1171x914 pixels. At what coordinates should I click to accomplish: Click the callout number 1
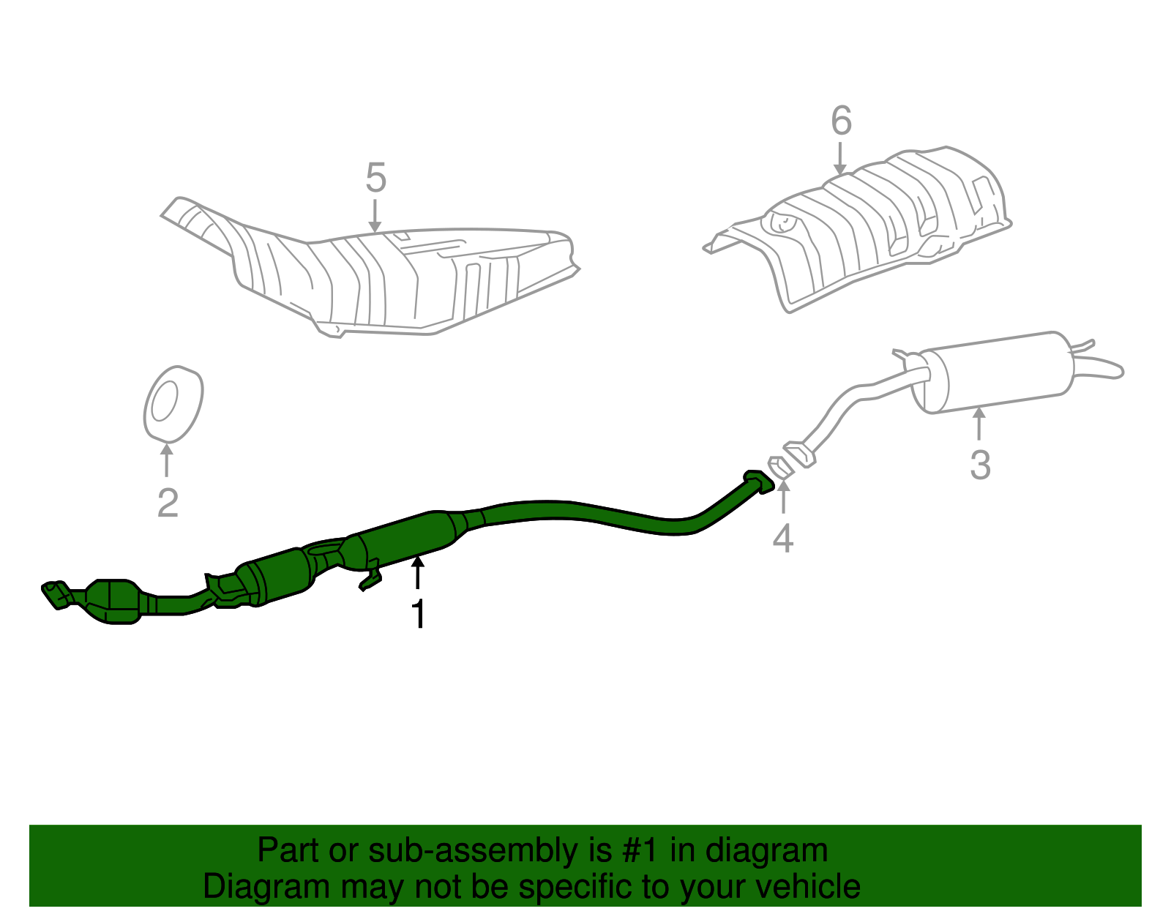pos(418,614)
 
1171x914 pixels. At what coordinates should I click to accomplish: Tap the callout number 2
pos(168,503)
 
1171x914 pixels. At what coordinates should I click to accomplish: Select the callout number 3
pos(980,465)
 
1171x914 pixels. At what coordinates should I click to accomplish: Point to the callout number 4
pos(783,539)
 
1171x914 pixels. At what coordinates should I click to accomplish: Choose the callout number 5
pos(375,178)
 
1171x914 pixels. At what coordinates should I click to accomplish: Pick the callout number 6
pos(842,121)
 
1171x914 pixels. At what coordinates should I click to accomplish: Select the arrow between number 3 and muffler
pos(979,424)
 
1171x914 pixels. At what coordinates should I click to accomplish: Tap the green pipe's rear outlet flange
pos(758,481)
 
